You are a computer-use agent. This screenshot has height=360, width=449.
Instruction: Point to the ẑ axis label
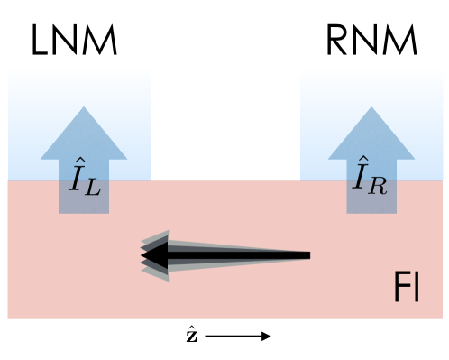(x=193, y=336)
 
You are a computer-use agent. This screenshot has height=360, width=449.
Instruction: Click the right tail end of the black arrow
(x=308, y=256)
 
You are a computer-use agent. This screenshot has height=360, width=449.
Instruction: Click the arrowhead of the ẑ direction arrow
(x=267, y=337)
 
